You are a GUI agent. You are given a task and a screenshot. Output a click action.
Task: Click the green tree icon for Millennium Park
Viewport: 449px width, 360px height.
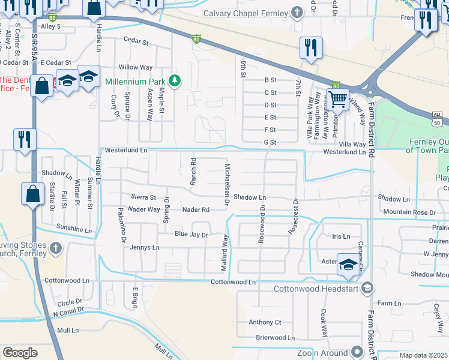(175, 81)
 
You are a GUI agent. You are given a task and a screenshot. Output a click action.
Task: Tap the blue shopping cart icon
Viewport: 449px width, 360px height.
(338, 99)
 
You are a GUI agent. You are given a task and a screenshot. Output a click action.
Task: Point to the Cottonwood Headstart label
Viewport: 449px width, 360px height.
(315, 289)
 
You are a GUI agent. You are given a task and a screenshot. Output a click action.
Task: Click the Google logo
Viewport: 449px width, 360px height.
(20, 353)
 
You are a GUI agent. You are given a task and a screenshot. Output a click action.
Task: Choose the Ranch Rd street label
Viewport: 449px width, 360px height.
(193, 170)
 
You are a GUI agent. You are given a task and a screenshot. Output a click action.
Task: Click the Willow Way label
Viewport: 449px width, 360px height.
(136, 67)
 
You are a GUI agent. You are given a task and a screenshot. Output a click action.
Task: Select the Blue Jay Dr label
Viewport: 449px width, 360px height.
(191, 234)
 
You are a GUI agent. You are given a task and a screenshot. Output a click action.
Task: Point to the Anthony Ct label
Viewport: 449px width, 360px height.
(265, 322)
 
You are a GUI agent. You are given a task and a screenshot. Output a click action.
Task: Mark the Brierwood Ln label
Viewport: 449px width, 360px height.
(275, 337)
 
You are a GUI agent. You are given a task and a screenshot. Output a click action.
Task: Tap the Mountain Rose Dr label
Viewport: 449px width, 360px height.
(409, 212)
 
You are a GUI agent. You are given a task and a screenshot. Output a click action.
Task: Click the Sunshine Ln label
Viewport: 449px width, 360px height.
(74, 229)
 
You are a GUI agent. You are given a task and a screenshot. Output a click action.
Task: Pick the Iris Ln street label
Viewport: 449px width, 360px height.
(340, 236)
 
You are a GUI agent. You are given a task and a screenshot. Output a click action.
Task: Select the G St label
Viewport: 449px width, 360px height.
(270, 142)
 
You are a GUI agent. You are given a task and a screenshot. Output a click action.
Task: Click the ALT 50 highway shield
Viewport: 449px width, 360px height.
(437, 118)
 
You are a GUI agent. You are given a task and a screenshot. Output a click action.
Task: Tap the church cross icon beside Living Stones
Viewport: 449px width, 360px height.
(55, 248)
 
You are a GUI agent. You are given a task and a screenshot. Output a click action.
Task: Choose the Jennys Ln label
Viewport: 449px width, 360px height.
(145, 247)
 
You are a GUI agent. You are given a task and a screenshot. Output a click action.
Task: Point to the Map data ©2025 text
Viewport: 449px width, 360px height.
(423, 355)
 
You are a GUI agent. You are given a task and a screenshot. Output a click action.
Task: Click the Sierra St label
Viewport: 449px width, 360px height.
(143, 197)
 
